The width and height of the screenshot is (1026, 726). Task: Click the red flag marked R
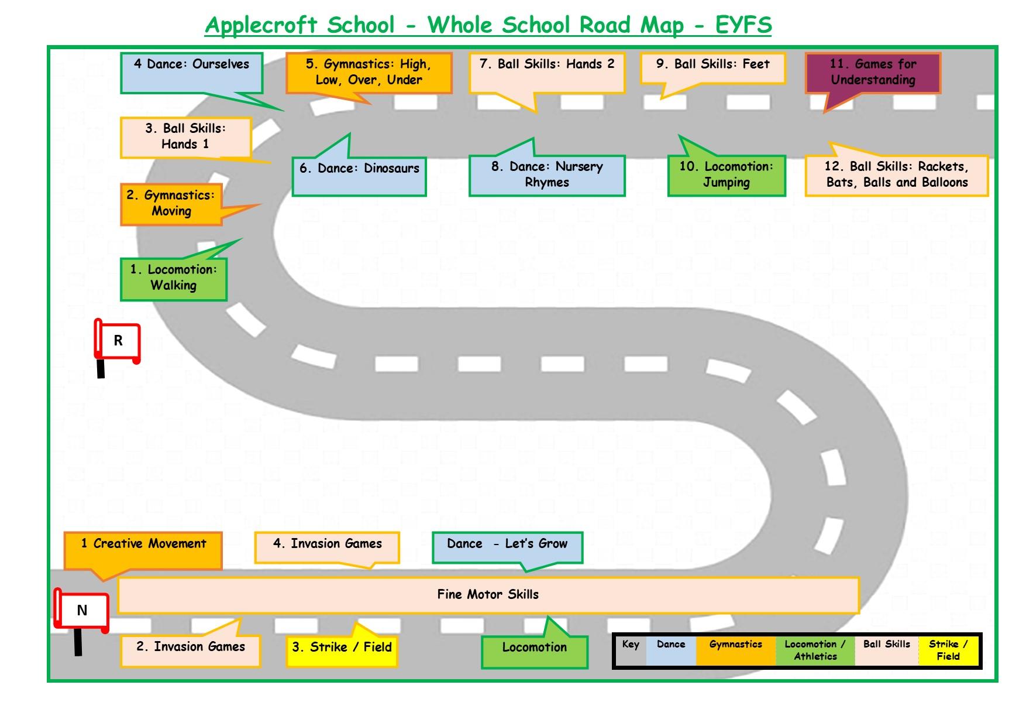(118, 341)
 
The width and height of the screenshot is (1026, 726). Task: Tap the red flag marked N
(82, 611)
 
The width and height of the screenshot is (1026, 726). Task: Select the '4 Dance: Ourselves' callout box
(191, 72)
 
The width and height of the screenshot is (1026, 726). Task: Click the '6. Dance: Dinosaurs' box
(359, 176)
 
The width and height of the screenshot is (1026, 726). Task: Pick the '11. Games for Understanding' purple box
(873, 73)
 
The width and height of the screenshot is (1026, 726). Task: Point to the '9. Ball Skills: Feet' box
(712, 68)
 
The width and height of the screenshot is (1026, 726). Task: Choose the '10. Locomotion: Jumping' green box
(727, 175)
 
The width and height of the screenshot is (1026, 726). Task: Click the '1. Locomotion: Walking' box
(174, 278)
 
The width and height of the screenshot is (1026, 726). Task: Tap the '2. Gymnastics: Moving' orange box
(171, 203)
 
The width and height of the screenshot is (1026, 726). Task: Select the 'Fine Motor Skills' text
(488, 595)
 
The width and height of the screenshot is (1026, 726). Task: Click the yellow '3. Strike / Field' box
(342, 648)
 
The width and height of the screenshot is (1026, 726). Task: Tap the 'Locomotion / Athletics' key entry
(815, 650)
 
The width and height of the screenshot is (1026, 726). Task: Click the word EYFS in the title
(743, 25)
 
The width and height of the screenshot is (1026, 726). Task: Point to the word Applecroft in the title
(261, 25)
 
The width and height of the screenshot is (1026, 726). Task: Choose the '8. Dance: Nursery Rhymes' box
(547, 175)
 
